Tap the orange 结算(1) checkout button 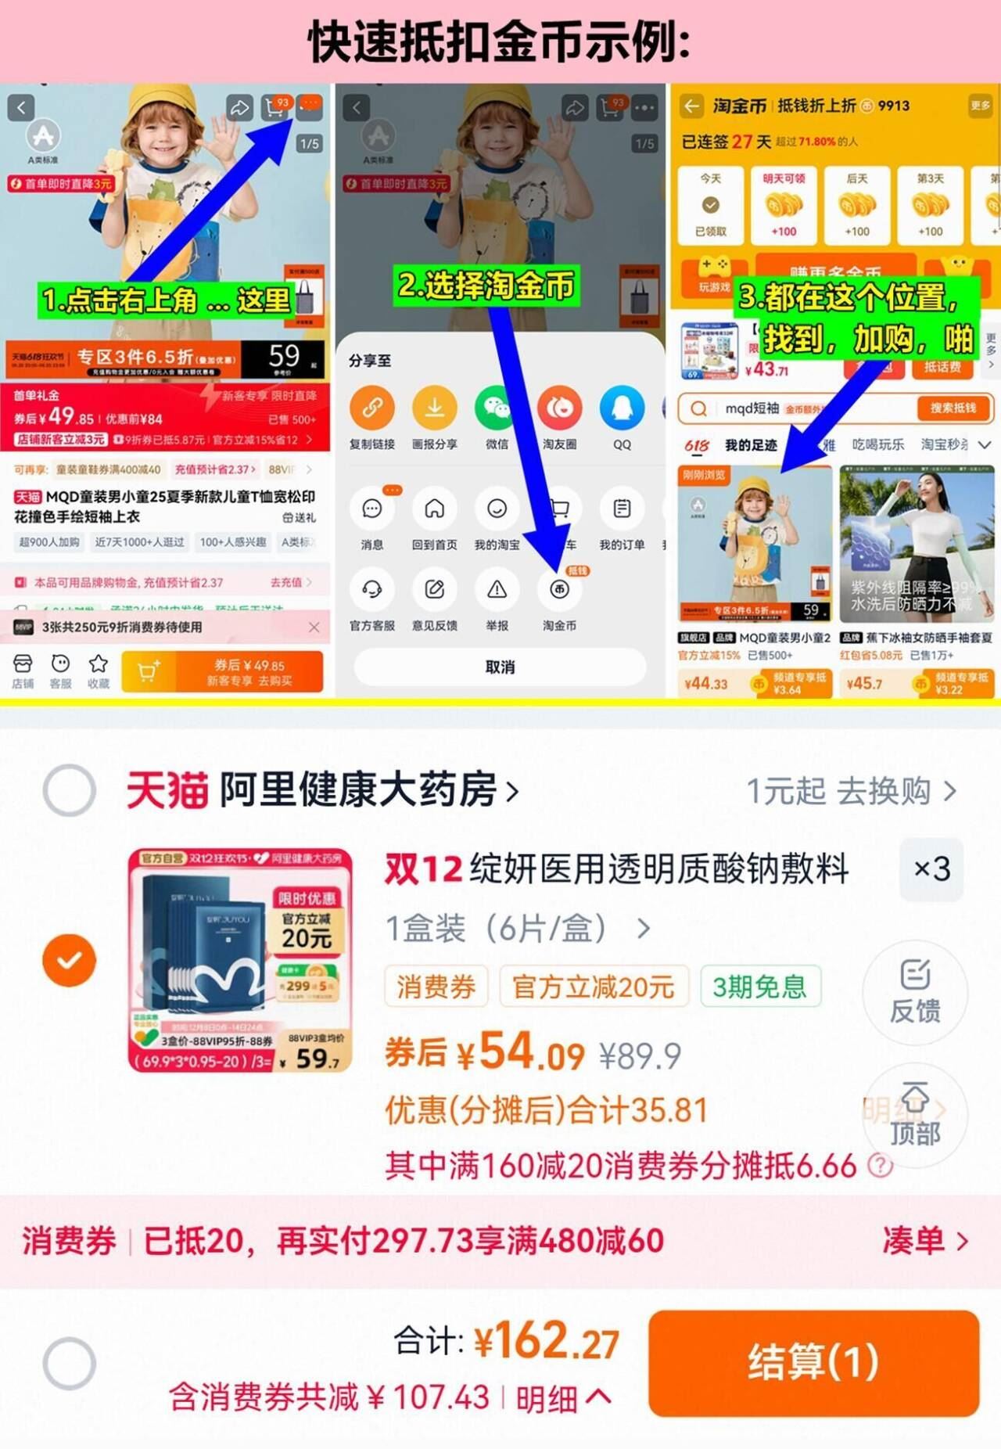click(813, 1362)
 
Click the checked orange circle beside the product click(70, 960)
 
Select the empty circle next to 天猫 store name click(70, 790)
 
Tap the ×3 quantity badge click(931, 869)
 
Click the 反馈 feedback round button click(914, 991)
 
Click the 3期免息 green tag click(759, 987)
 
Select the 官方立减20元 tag click(594, 987)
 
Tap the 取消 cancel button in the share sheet click(500, 667)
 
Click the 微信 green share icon click(497, 408)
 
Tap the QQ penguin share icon click(622, 408)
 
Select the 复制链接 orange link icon click(372, 408)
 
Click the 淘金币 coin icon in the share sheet click(559, 590)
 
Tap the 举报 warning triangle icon click(497, 590)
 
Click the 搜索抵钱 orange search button click(953, 408)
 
